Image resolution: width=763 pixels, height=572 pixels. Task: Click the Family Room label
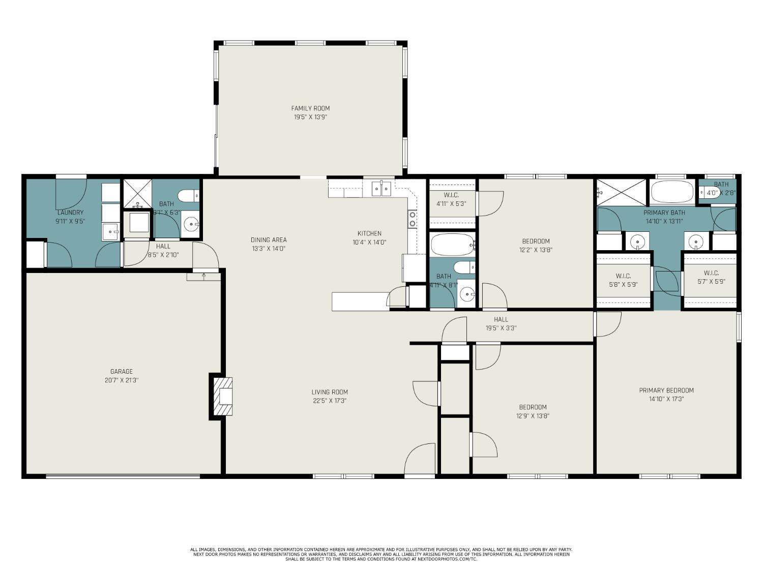(x=310, y=108)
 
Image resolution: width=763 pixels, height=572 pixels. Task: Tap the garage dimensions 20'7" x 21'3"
(x=122, y=380)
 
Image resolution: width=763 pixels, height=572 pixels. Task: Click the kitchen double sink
(x=381, y=189)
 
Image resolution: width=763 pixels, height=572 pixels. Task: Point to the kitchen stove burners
(x=412, y=219)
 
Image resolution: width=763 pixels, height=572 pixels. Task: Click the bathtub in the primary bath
(x=672, y=192)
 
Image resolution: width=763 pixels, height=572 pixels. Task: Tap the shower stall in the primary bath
(x=621, y=192)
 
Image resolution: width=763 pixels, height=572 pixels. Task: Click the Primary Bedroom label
(x=666, y=390)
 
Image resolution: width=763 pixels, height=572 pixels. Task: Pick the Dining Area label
(x=269, y=240)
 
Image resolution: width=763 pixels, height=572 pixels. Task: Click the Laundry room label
(x=70, y=213)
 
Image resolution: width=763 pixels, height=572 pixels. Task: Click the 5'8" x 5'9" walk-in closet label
(x=623, y=276)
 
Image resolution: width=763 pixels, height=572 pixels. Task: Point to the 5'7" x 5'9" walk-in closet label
(x=711, y=273)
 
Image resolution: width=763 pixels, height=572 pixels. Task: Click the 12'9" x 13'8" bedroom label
(x=533, y=407)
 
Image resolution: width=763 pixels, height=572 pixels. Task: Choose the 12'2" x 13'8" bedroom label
(x=536, y=242)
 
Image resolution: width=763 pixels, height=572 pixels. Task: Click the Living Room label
(x=330, y=392)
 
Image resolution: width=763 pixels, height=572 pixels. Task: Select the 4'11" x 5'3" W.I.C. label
(x=451, y=195)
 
